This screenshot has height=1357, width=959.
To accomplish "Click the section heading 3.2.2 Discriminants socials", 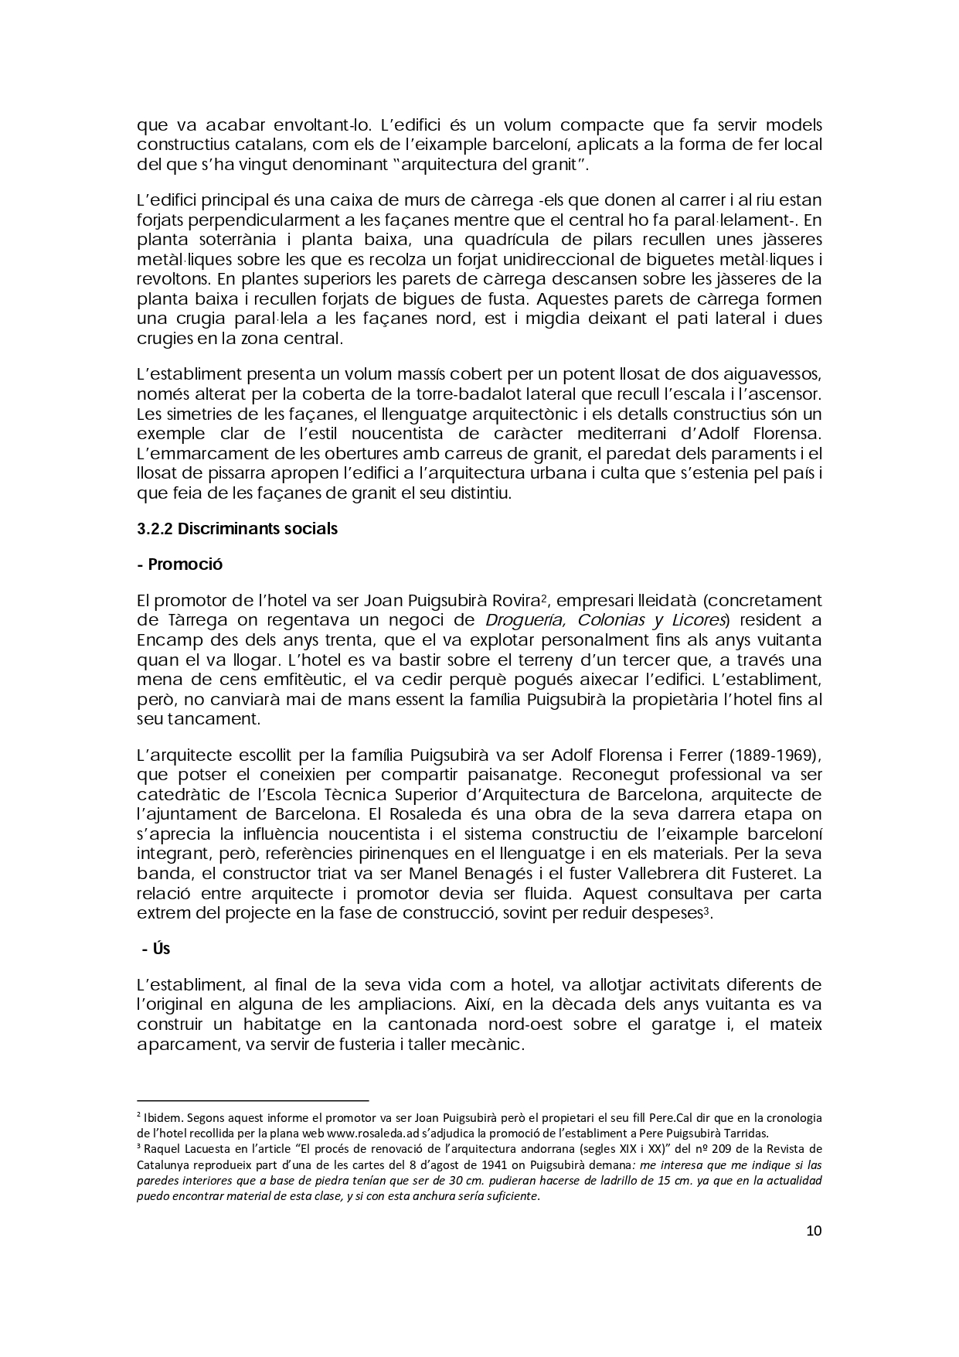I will pos(237,529).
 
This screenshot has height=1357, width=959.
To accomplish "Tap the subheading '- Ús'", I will pos(156,949).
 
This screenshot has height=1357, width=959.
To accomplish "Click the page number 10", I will pos(813,1230).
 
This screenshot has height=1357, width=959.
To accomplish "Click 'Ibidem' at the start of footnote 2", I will pos(162,1118).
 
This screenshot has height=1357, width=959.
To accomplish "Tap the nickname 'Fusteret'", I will pos(760,874).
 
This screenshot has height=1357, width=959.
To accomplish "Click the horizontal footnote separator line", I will pos(253,1100).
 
